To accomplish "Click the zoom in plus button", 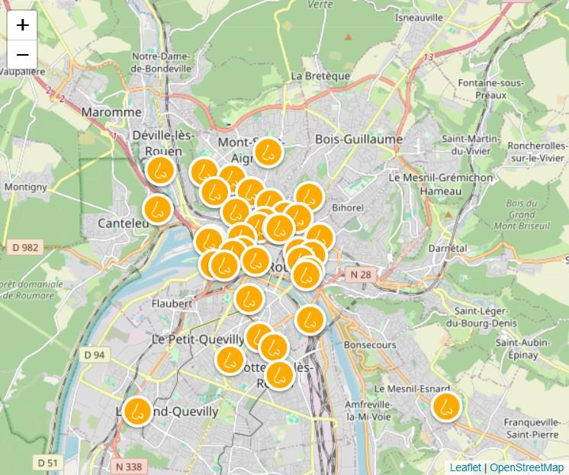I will (22, 24).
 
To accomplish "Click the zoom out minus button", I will (22, 55).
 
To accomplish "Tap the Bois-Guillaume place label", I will (358, 139).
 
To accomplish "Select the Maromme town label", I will (111, 111).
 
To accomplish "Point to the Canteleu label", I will (124, 223).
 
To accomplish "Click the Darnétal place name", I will (447, 248).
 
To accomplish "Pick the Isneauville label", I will (420, 17).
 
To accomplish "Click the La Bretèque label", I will (321, 76).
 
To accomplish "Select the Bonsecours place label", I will (370, 345).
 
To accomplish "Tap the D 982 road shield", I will (25, 247).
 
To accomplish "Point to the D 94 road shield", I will (94, 355).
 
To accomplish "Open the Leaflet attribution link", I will (465, 467).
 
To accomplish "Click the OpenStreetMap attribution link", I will (526, 467).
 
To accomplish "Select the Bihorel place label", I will (349, 207).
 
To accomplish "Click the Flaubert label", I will (172, 303).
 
